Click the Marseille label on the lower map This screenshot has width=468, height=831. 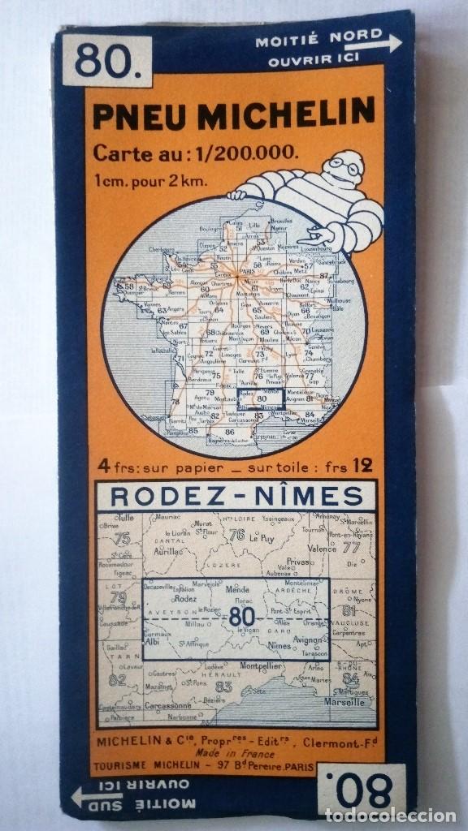click(x=344, y=702)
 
